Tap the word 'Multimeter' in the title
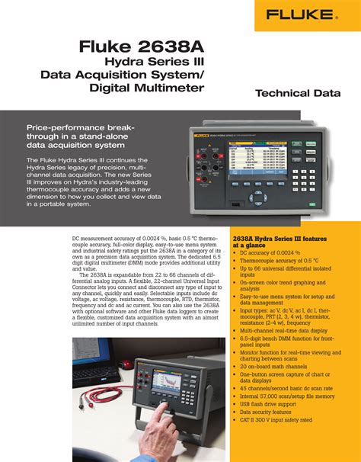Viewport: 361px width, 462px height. point(167,88)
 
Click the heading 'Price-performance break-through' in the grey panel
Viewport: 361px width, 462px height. point(81,134)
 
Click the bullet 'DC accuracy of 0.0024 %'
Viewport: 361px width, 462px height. point(273,252)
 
